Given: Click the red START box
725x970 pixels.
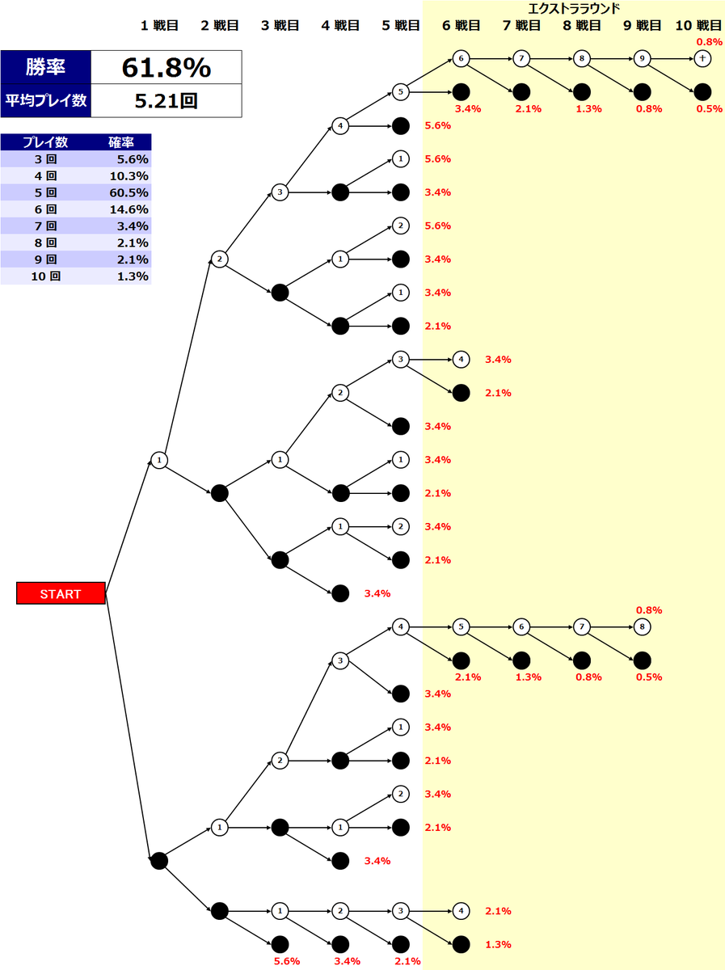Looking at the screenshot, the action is (x=61, y=593).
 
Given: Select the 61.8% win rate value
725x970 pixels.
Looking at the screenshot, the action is (x=166, y=69).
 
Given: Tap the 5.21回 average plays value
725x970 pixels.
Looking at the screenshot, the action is (x=166, y=102).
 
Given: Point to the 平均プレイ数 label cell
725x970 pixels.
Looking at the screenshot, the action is (x=46, y=102).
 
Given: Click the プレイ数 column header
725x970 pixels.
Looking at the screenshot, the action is (x=44, y=142).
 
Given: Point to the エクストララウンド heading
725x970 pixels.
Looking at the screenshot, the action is (x=573, y=8).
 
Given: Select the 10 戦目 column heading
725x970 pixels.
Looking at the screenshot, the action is (x=699, y=25).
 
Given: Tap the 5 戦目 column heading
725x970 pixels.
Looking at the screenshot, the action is (x=401, y=25).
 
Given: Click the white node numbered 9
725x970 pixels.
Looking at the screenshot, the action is (x=642, y=58).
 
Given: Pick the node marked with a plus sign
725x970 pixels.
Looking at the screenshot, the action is (x=702, y=58).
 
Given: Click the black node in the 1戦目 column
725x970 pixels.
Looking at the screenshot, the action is (x=159, y=861).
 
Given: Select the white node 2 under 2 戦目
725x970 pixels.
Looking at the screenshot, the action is (x=219, y=259).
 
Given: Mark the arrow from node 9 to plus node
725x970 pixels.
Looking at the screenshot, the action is (x=672, y=58).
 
